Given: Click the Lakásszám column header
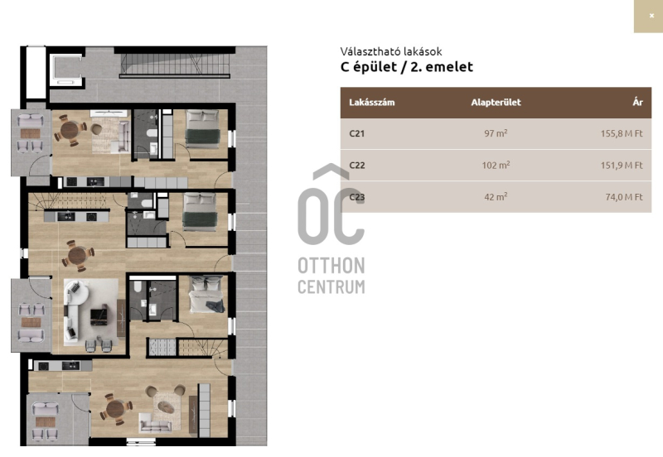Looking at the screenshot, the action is (x=371, y=102).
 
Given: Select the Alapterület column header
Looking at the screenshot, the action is (x=496, y=102).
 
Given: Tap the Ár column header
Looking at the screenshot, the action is (x=637, y=102).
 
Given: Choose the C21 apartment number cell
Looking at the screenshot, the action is (x=357, y=133).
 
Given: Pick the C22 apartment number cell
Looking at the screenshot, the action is (x=357, y=165).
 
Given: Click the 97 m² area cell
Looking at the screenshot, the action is (x=496, y=133).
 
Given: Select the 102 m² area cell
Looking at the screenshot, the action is (x=496, y=165).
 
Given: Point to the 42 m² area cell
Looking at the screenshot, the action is (x=496, y=196).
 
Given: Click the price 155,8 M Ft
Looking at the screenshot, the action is (x=622, y=133).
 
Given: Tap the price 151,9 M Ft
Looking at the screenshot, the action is (x=622, y=165).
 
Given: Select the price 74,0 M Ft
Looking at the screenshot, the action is (x=624, y=197).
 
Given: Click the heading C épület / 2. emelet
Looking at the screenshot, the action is (x=407, y=67).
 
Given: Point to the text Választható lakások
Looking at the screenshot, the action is (x=391, y=51).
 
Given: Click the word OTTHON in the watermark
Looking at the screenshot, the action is (x=331, y=266).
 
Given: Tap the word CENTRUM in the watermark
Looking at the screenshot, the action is (x=331, y=286).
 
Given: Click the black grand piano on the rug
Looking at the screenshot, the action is (x=99, y=315).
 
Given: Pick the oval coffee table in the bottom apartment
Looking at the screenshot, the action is (x=165, y=406).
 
